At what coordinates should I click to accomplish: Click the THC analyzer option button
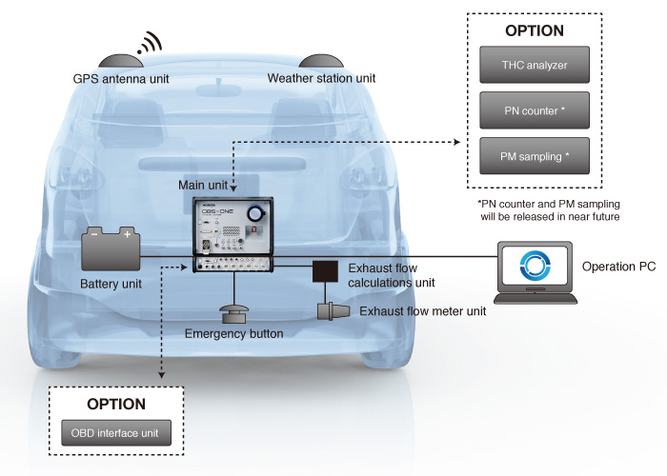(535, 67)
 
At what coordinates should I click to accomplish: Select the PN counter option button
(535, 110)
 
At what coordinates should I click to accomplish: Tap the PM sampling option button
(535, 154)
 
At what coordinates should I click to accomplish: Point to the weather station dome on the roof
(322, 58)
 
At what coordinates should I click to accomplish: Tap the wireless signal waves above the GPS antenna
(149, 41)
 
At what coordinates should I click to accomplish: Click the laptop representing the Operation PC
(537, 274)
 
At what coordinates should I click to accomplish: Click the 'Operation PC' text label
(617, 267)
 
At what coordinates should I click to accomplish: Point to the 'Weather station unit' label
(322, 77)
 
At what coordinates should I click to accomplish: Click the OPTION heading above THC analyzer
(535, 30)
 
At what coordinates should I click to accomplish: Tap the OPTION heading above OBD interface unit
(116, 405)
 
